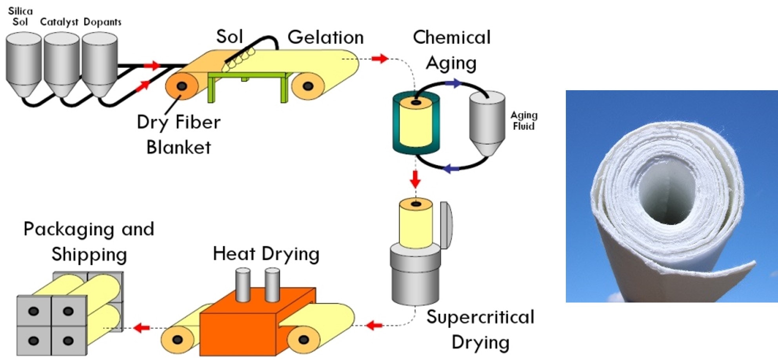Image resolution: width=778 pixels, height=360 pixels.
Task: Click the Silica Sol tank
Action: click(24, 63)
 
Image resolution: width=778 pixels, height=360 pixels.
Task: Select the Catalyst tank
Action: click(62, 63)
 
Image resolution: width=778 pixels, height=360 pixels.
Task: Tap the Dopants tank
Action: click(100, 63)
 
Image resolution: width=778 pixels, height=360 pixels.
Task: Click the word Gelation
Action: click(325, 38)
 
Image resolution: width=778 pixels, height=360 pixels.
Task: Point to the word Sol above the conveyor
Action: click(229, 37)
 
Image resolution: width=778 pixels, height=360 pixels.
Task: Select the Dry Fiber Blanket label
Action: click(178, 135)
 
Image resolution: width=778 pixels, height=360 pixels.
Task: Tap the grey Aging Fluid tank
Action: click(487, 122)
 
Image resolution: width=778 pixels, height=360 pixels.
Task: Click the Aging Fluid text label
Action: click(524, 120)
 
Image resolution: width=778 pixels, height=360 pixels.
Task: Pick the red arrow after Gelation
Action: click(380, 59)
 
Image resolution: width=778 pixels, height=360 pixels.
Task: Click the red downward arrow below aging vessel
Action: click(415, 179)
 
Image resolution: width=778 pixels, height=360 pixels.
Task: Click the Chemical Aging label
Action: click(451, 50)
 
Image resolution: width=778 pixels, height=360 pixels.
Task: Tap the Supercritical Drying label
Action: click(480, 329)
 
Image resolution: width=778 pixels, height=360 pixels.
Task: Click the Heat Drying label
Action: click(266, 254)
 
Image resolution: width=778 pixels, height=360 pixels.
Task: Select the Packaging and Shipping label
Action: click(89, 241)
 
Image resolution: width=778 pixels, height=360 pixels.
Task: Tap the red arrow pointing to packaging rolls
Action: click(142, 327)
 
